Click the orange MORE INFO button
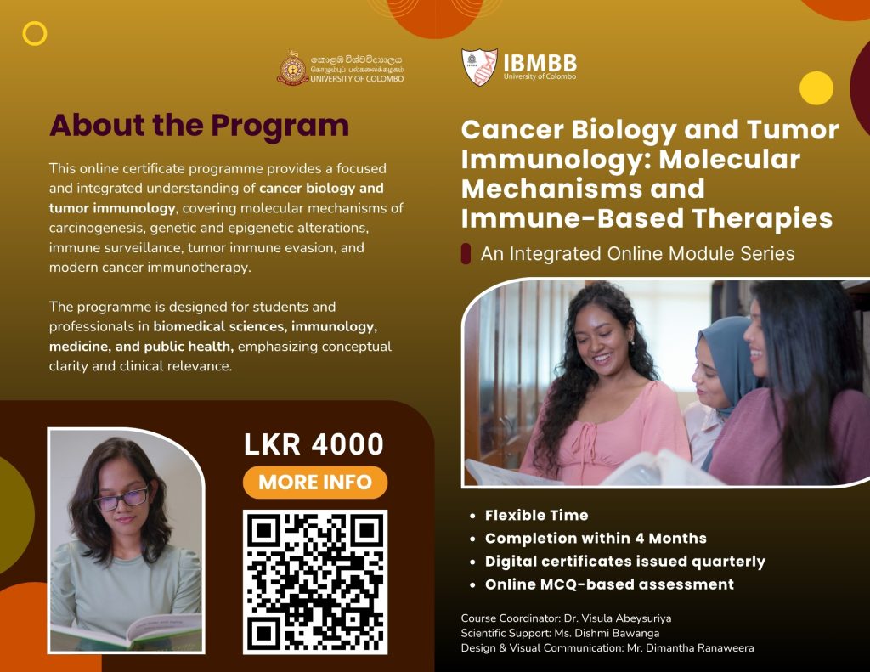click(315, 482)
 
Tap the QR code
click(315, 582)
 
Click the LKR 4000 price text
click(314, 444)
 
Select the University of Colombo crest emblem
click(292, 68)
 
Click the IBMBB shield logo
click(479, 66)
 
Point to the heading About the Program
click(199, 125)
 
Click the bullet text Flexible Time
click(537, 515)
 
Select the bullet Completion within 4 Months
click(596, 539)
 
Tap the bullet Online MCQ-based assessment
click(609, 584)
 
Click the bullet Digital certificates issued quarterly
click(625, 562)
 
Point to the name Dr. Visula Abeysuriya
click(618, 618)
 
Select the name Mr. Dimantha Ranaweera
click(690, 648)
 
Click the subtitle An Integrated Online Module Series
click(637, 254)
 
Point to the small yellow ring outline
click(34, 33)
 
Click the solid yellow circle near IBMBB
click(816, 88)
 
